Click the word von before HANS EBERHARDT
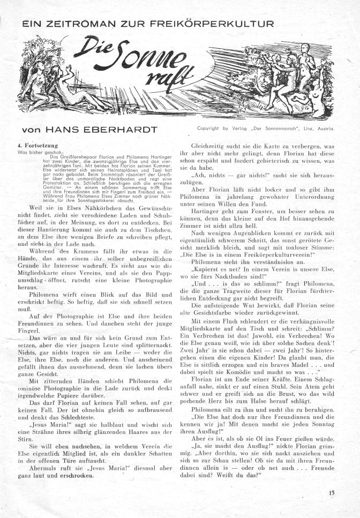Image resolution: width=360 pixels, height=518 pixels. pyautogui.click(x=26, y=130)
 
